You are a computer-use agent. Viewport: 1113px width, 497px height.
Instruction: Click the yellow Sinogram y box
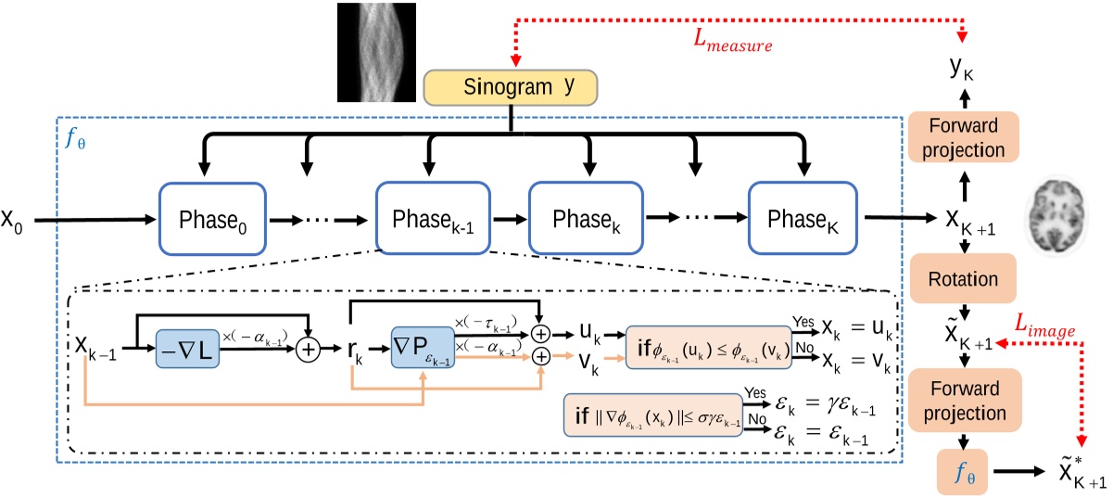pyautogui.click(x=512, y=87)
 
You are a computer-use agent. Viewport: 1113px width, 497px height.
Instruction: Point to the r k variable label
pyautogui.click(x=357, y=352)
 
